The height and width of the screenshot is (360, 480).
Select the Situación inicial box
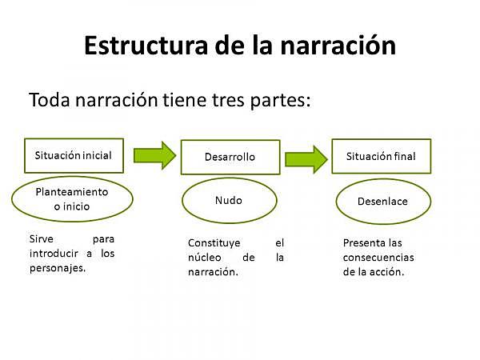tap(74, 155)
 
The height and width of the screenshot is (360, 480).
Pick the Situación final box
tap(381, 156)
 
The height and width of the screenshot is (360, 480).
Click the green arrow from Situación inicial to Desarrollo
tap(154, 154)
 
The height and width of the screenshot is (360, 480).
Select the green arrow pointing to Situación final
tap(306, 156)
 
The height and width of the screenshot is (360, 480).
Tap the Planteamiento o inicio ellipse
tap(72, 199)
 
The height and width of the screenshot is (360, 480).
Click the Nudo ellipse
tap(229, 200)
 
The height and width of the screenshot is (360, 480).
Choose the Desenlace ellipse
tap(382, 201)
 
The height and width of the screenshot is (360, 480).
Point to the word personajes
tap(56, 268)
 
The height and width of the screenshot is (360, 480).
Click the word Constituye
tap(214, 242)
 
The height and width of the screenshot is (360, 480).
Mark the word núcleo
tap(205, 257)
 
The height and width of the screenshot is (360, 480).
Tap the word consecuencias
tap(378, 257)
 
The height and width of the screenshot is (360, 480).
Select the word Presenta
tap(362, 242)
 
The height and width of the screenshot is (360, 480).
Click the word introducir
tap(54, 254)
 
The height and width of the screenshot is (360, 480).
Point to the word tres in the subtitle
tap(214, 101)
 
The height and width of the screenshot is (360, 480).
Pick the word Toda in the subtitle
tap(49, 101)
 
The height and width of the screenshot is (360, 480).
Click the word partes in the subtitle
tap(272, 102)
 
